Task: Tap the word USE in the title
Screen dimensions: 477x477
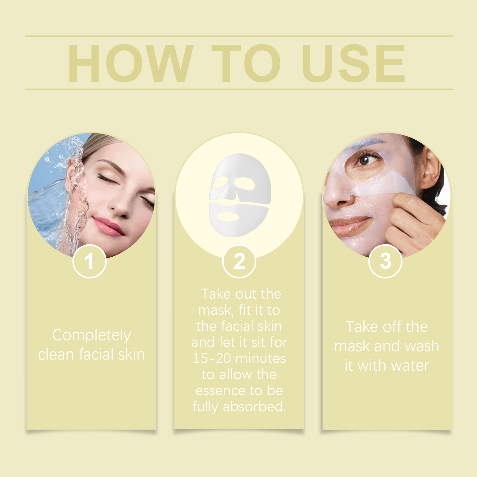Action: pos(354,63)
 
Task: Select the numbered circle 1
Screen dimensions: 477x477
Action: pos(89,261)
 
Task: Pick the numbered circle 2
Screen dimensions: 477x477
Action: pos(239,261)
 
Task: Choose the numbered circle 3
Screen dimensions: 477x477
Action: pos(385,261)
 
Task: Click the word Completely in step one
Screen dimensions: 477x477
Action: pos(92,335)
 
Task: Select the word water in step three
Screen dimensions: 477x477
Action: pos(410,366)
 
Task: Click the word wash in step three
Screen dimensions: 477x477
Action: pos(422,346)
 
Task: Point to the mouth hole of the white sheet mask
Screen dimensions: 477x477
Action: pos(228,216)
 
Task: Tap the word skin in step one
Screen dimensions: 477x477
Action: pos(131,354)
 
